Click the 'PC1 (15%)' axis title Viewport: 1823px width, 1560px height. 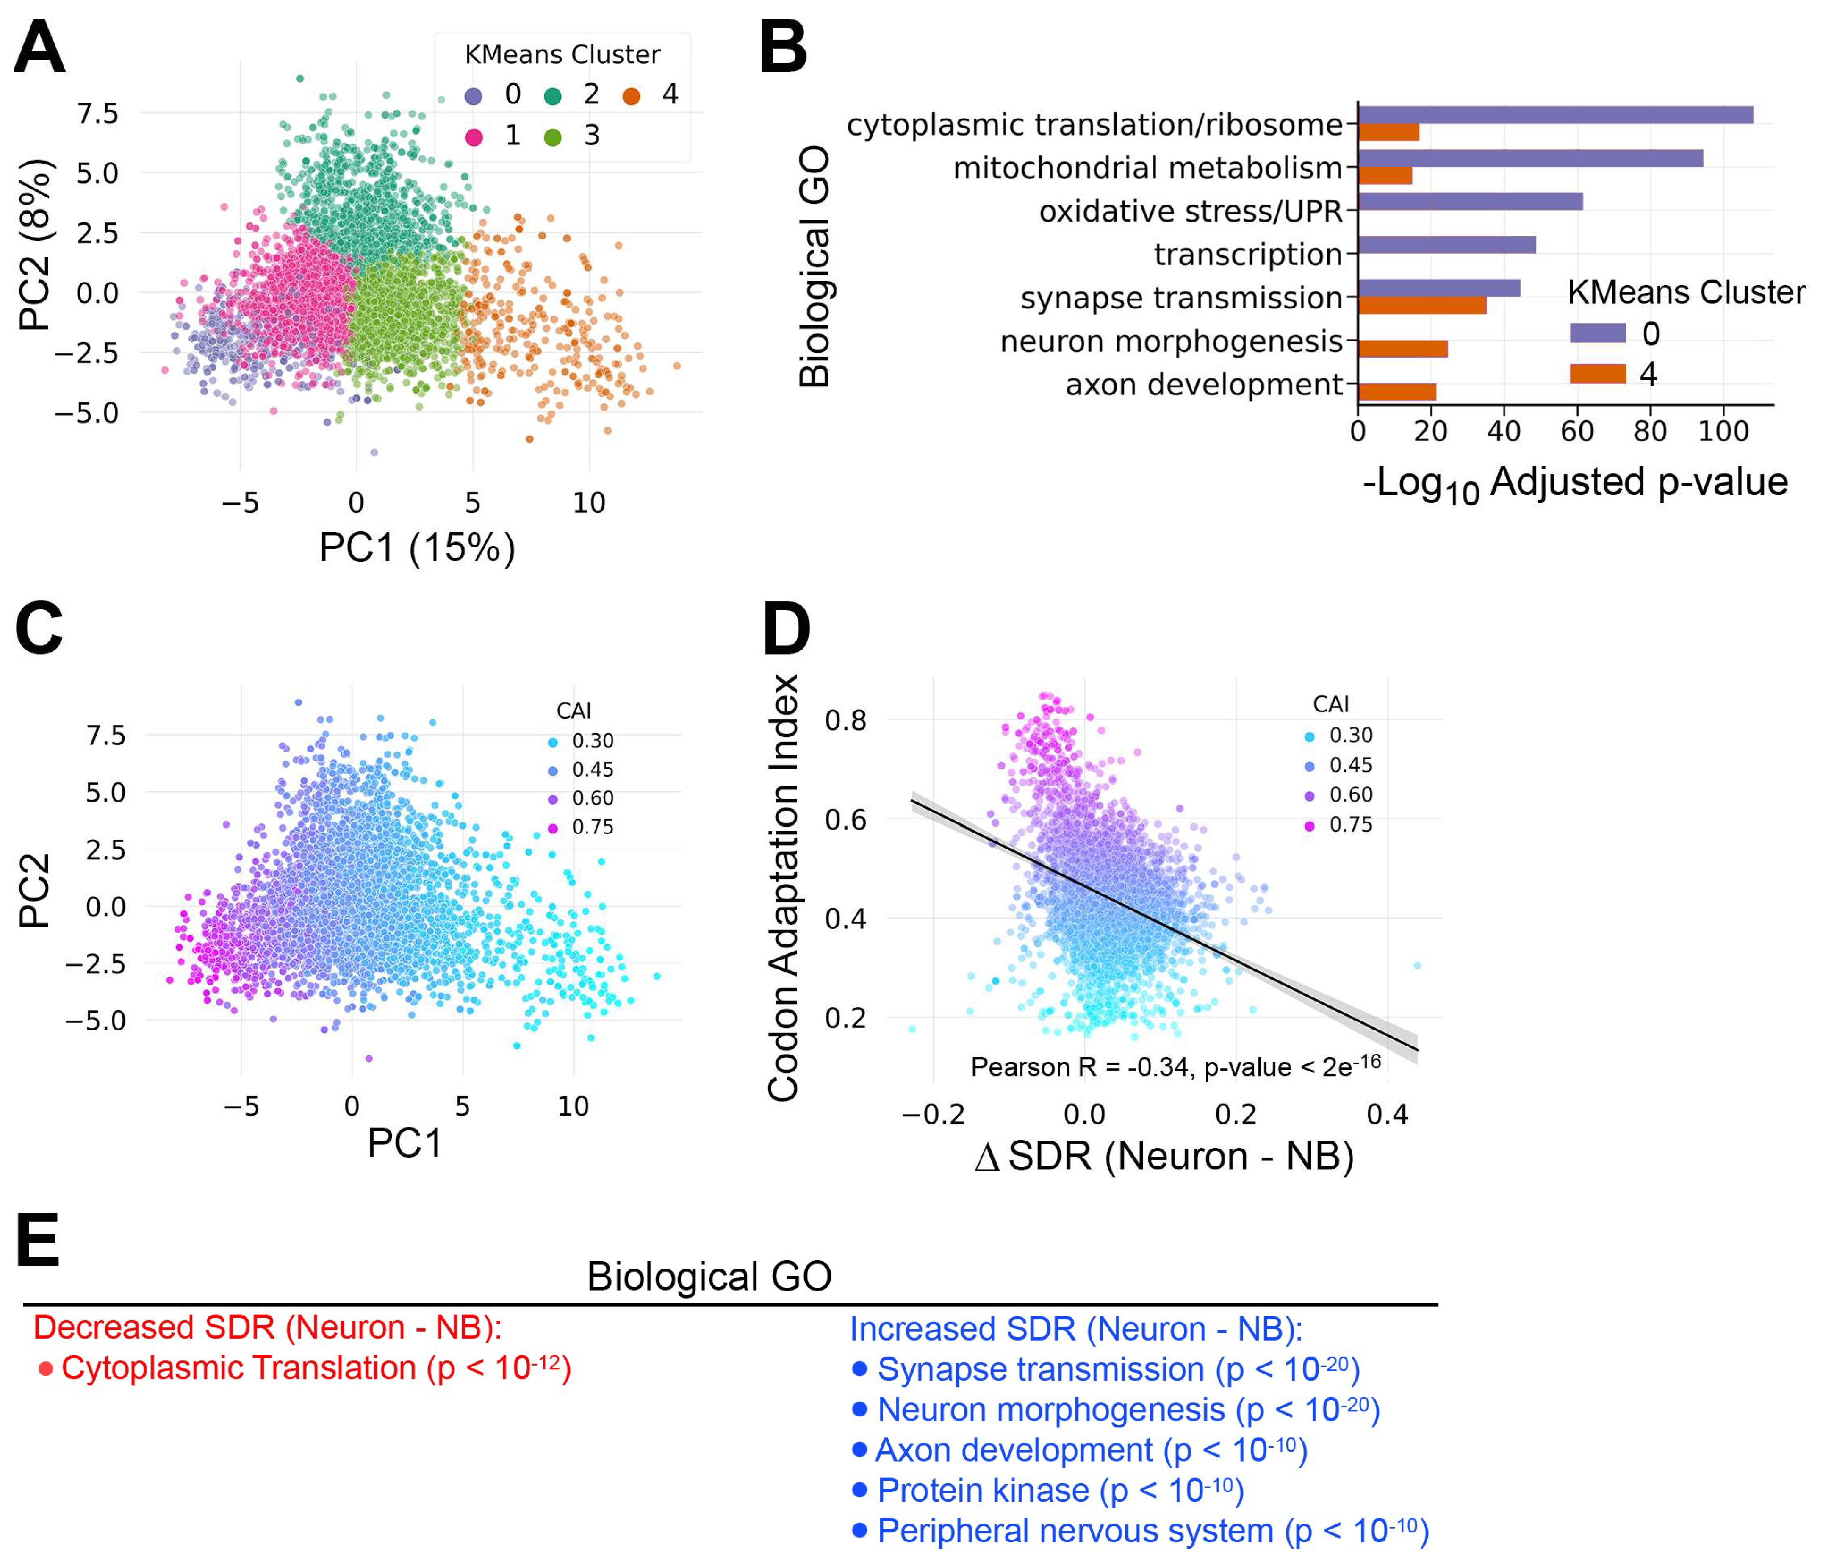point(417,547)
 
